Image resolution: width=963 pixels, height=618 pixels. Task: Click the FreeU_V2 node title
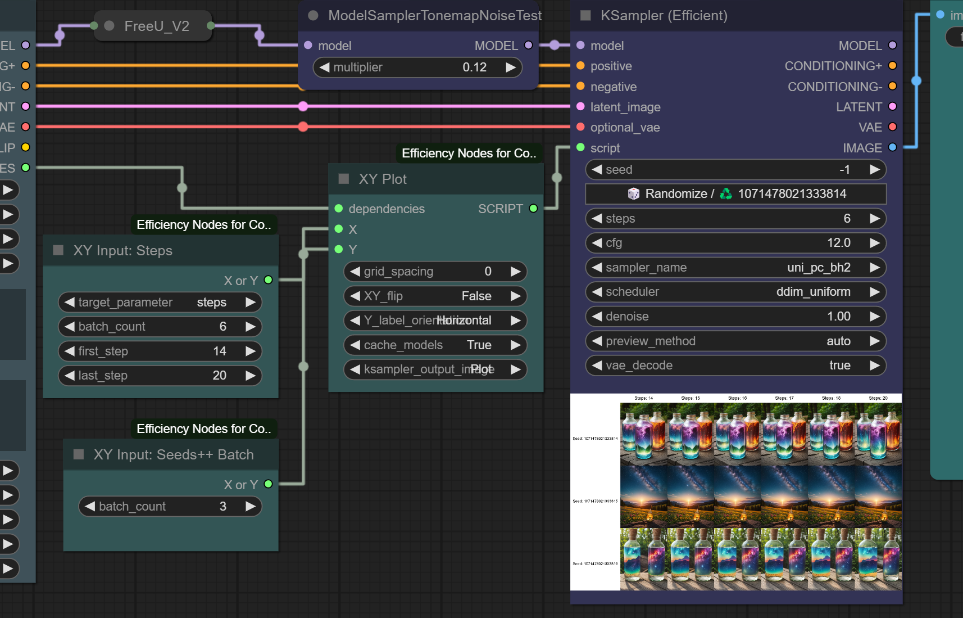(156, 26)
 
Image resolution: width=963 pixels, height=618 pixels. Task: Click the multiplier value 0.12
(474, 67)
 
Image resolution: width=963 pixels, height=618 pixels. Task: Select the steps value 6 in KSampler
(846, 219)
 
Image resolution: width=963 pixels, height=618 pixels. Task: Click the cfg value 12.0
(838, 243)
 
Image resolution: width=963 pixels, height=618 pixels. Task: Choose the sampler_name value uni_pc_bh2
(818, 268)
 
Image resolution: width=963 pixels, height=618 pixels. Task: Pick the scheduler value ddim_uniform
(812, 292)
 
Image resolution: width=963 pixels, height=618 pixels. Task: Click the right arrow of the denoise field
(874, 317)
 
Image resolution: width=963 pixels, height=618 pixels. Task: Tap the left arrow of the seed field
(597, 170)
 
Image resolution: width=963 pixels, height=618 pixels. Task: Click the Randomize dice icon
(634, 194)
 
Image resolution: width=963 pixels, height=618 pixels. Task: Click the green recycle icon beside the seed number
(726, 194)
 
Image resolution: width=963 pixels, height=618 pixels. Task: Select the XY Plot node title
(383, 179)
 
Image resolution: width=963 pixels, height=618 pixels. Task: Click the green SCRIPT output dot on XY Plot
(533, 209)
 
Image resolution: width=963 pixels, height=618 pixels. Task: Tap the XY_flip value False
(476, 296)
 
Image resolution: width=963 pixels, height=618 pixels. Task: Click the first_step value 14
(219, 351)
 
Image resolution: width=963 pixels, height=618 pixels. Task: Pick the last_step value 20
(219, 376)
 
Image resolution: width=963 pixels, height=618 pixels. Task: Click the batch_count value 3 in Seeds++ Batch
(222, 507)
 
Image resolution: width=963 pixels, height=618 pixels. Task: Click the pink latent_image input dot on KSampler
(580, 107)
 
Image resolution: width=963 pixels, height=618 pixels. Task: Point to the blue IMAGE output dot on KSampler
(892, 148)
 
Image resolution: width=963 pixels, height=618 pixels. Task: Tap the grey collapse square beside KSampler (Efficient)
(585, 16)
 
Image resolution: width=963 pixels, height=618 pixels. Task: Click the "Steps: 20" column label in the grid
(878, 398)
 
